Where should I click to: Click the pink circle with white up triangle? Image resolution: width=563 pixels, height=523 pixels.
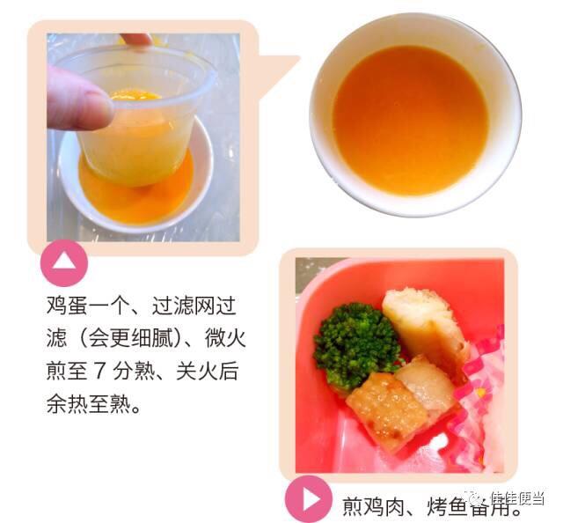tap(64, 263)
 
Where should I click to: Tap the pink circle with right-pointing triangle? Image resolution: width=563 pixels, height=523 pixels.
tap(309, 499)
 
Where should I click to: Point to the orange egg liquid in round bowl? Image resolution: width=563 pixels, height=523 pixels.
tap(411, 121)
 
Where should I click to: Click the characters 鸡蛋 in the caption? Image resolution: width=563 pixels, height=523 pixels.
tap(67, 306)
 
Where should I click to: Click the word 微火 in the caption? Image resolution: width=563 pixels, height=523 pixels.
tap(225, 338)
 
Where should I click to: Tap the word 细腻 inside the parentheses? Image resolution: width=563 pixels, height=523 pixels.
tap(161, 338)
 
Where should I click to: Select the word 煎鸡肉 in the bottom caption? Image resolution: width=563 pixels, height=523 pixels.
tap(372, 505)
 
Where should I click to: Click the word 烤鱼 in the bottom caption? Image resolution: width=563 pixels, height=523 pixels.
tap(447, 505)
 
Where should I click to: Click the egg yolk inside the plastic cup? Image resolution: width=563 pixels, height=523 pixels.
tap(135, 95)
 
